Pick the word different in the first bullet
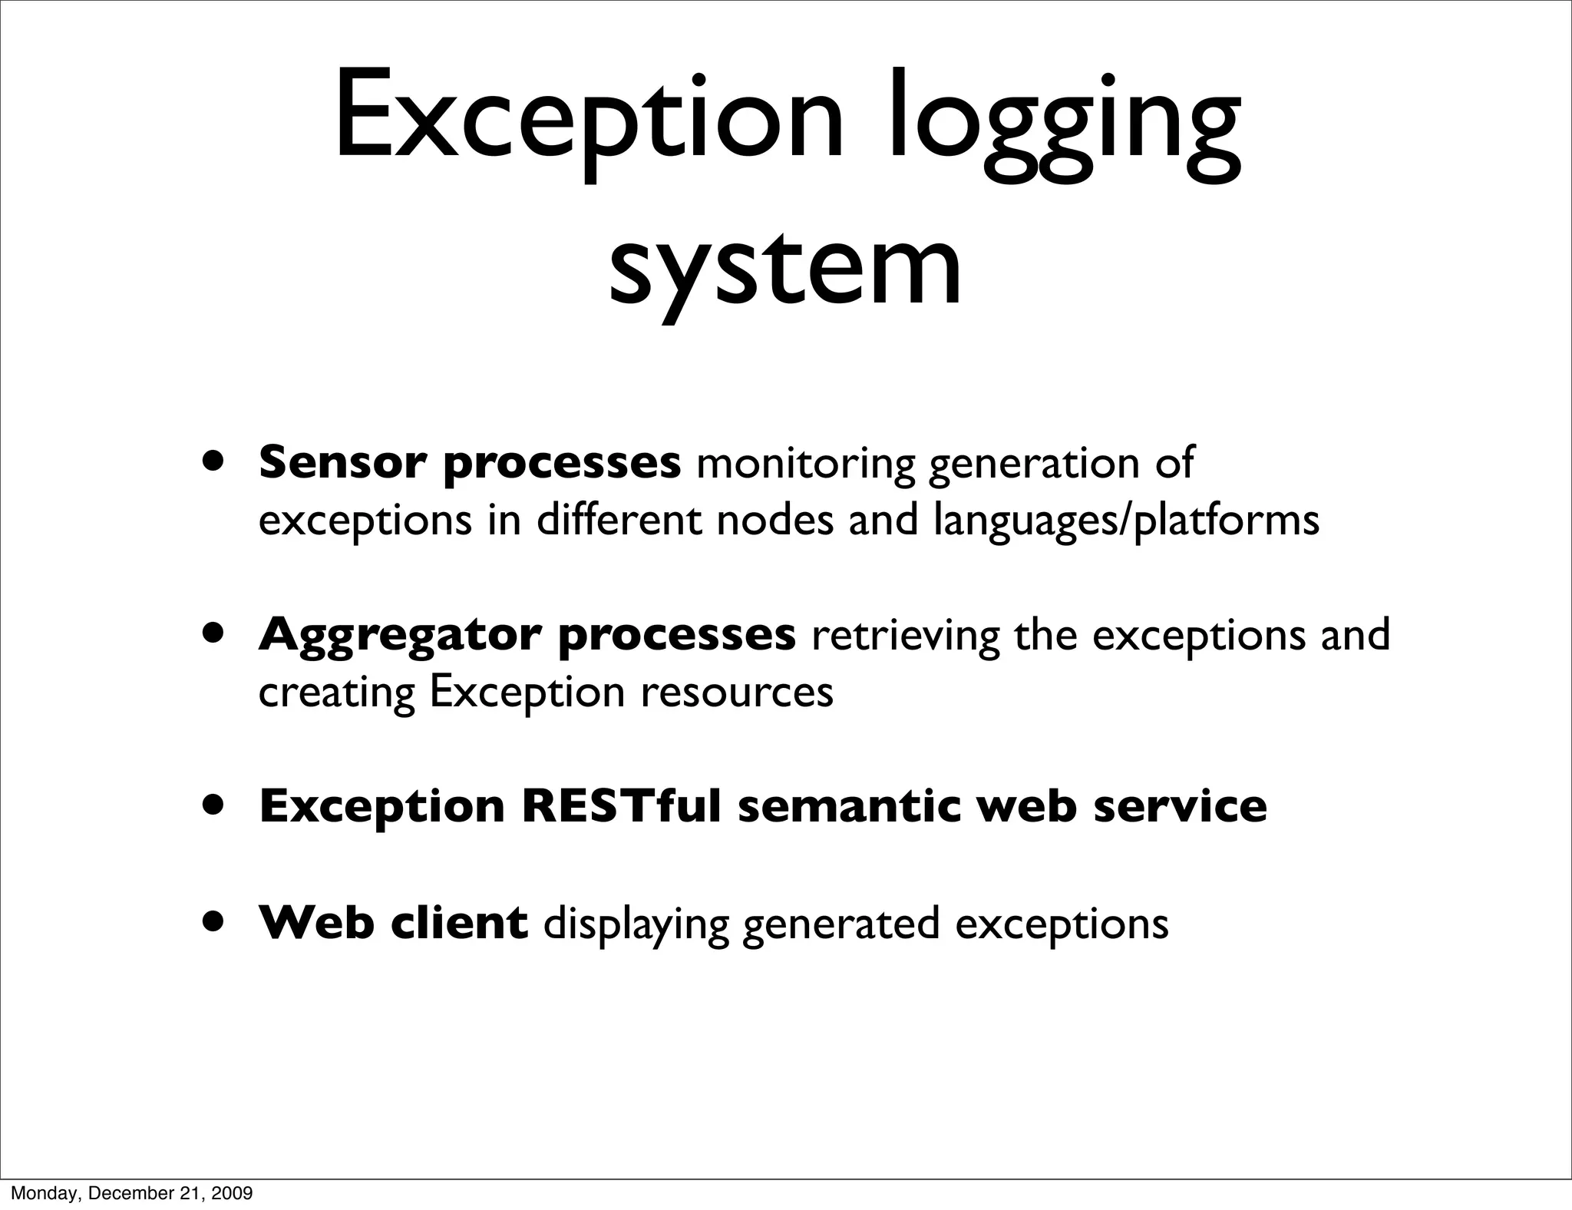pyautogui.click(x=618, y=520)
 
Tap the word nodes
pyautogui.click(x=774, y=520)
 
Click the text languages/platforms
pyautogui.click(x=1126, y=521)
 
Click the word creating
pyautogui.click(x=335, y=693)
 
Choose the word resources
pyautogui.click(x=737, y=693)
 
